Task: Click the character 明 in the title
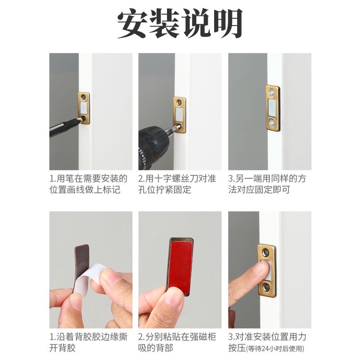[x=227, y=24]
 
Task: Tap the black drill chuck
[x=153, y=147]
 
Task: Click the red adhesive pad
[x=180, y=267]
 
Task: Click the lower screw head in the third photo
[x=272, y=122]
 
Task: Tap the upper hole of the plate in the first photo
[x=84, y=97]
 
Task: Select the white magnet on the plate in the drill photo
[x=179, y=114]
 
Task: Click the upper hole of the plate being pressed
[x=266, y=252]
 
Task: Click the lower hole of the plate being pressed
[x=266, y=287]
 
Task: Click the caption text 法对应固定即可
[x=259, y=190]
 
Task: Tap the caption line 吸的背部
[x=156, y=348]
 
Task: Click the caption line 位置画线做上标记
[x=85, y=190]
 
